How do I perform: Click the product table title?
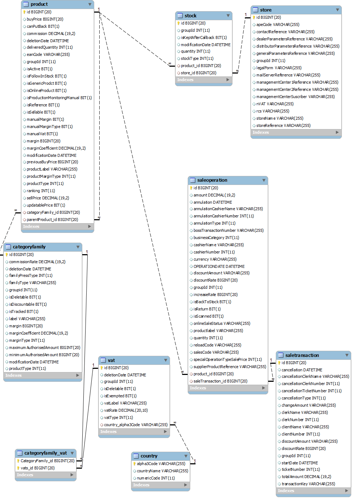coord(39,4)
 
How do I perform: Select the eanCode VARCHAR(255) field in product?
coord(48,54)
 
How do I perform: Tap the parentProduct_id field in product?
coord(52,220)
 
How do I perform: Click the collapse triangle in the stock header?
coord(228,16)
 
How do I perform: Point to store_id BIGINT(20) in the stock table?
coord(198,73)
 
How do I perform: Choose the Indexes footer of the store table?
coord(261,132)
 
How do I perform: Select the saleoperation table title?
coord(212,180)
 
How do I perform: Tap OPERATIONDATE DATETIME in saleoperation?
coord(219,266)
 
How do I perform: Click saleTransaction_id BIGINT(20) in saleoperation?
coord(220,381)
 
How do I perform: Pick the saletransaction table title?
coord(302,355)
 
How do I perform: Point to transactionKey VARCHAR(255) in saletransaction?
coord(308,484)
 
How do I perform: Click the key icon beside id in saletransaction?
coord(279,363)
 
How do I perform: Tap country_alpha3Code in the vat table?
coord(136,425)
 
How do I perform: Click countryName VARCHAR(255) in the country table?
coord(162,471)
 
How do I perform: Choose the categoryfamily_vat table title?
coord(45,453)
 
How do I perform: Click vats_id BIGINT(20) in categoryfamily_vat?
coord(38,468)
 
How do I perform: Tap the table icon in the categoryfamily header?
coord(8,247)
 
